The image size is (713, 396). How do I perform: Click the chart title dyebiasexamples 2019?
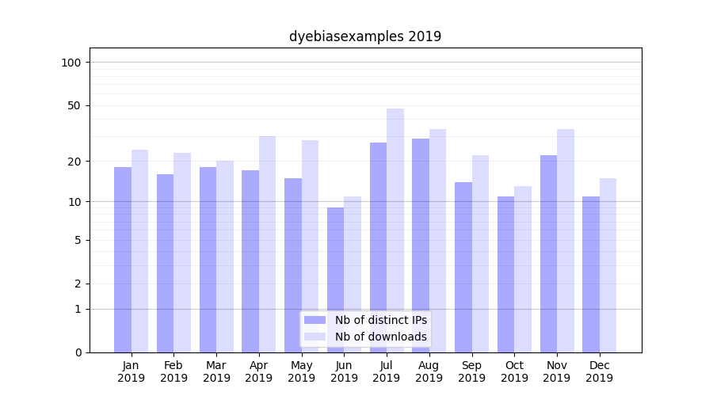[x=364, y=36]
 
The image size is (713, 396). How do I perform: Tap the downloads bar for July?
[x=395, y=230]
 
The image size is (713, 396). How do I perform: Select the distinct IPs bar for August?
[x=421, y=246]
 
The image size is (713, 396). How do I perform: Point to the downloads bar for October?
[x=523, y=269]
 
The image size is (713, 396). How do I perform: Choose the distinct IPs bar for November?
[x=548, y=253]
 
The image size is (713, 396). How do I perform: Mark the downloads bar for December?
[x=608, y=265]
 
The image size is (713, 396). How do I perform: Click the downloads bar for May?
[x=311, y=246]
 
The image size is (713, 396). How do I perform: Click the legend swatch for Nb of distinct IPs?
[x=315, y=320]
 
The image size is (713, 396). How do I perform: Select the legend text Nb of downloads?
[x=381, y=337]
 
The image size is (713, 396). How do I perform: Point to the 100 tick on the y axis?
[x=71, y=63]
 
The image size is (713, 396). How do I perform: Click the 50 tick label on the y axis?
[x=74, y=105]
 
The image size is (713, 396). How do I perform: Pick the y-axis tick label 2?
[x=78, y=284]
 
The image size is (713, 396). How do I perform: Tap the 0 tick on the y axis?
[x=78, y=352]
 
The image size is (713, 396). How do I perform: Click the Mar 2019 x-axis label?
[x=216, y=371]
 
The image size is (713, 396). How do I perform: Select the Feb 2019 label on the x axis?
[x=173, y=371]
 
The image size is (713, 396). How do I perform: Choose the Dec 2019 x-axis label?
[x=599, y=371]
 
